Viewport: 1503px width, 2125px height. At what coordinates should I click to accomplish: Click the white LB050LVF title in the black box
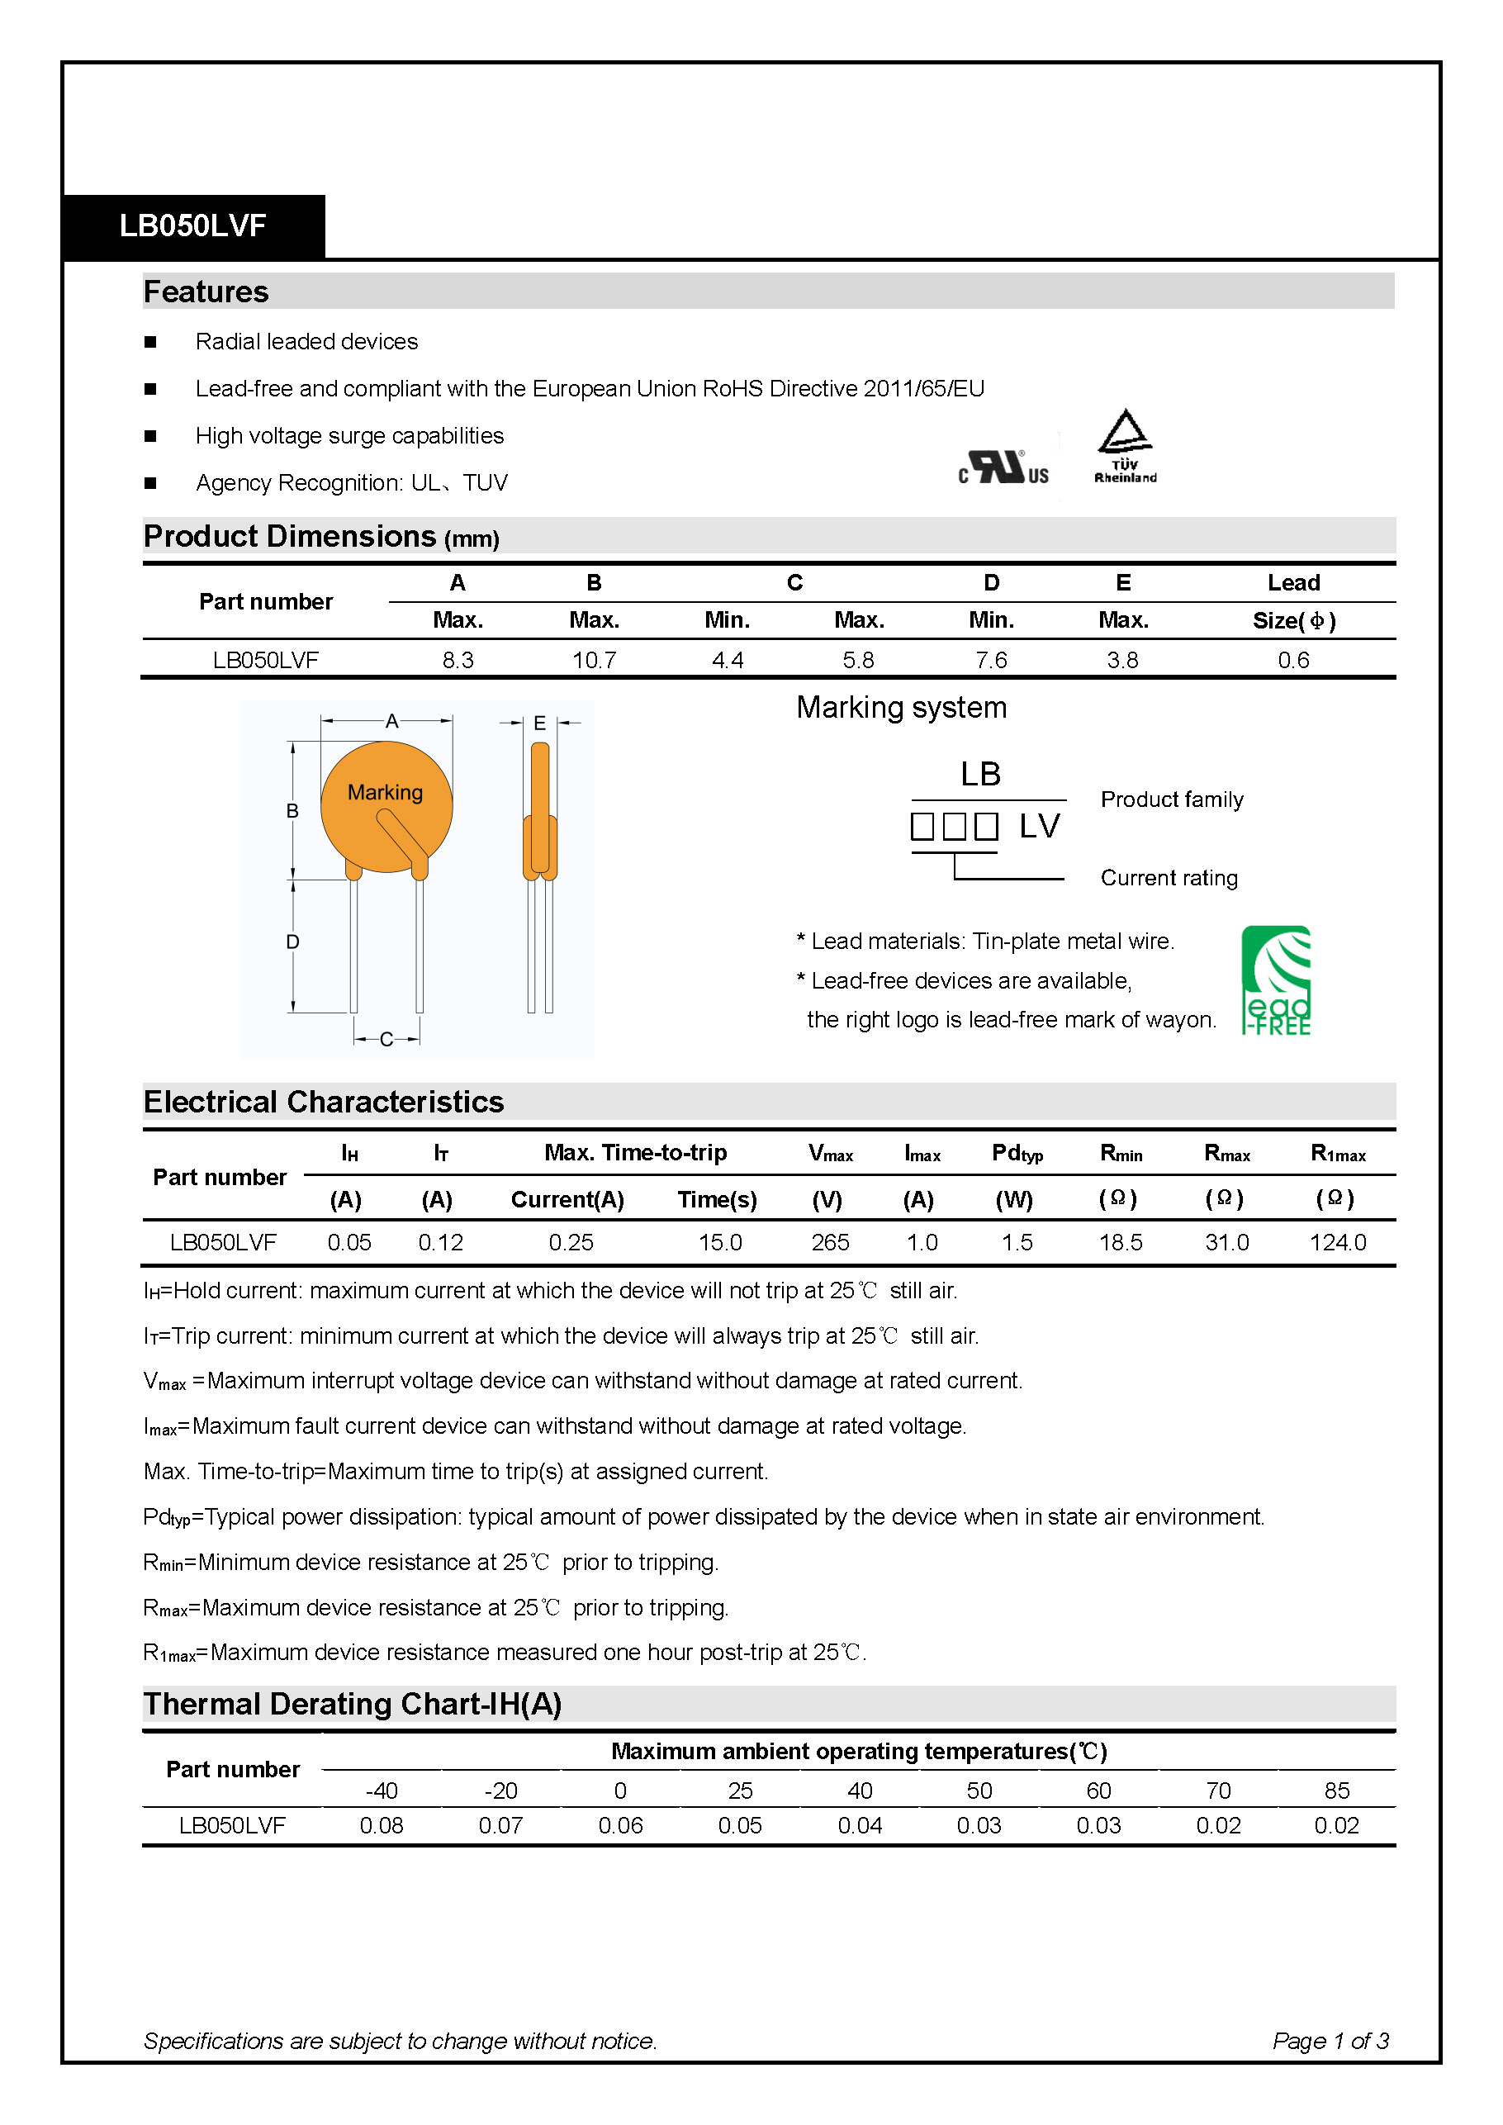tap(192, 225)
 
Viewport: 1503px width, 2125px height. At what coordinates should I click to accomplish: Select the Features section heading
tap(206, 292)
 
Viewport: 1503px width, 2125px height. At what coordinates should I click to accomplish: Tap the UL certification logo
tap(1003, 467)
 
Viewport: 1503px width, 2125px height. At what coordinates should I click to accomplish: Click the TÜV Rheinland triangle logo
tap(1125, 446)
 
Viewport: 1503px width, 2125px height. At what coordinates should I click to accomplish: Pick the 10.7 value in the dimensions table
tap(594, 660)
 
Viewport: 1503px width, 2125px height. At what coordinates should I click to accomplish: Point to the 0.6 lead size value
tap(1293, 660)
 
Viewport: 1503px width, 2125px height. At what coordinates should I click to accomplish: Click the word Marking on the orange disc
tap(385, 792)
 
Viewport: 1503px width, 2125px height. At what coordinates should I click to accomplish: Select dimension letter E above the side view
tap(539, 723)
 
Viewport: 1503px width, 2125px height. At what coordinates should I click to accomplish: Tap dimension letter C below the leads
tap(386, 1039)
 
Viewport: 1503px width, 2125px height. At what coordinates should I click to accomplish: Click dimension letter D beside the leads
tap(292, 942)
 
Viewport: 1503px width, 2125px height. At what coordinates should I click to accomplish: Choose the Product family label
tap(1172, 799)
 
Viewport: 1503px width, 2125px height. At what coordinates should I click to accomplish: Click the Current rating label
tap(1169, 877)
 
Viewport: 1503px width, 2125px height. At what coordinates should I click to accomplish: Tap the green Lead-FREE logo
tap(1275, 980)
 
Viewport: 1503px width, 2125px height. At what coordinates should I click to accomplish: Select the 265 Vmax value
tap(830, 1242)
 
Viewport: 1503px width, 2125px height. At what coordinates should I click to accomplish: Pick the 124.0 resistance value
tap(1337, 1242)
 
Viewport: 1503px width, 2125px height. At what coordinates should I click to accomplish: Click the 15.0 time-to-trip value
tap(720, 1242)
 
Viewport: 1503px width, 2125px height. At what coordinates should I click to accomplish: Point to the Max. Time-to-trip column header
tap(635, 1152)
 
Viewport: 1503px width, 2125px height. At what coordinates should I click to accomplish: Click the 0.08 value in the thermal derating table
tap(382, 1825)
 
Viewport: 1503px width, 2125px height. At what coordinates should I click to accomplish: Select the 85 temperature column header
tap(1336, 1790)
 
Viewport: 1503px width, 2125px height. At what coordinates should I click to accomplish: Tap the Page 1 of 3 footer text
tap(1330, 2041)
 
